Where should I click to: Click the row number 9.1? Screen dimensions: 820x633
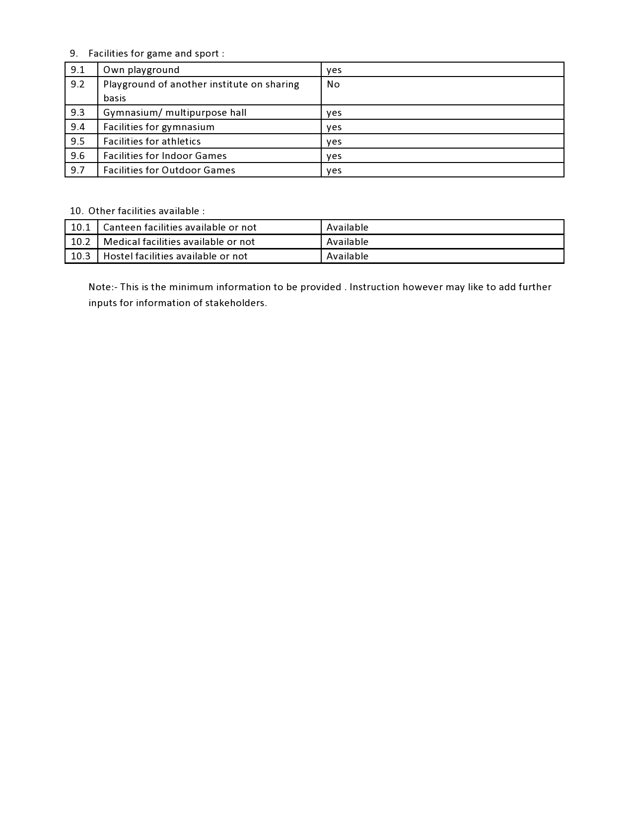(x=77, y=70)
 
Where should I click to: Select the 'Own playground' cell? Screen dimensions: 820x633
(x=141, y=70)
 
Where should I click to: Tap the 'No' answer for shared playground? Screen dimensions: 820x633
(x=333, y=84)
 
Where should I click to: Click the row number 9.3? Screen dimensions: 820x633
(x=77, y=113)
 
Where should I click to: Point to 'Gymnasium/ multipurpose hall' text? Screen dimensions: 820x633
(x=175, y=113)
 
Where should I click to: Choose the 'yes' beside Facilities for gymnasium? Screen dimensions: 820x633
(x=334, y=127)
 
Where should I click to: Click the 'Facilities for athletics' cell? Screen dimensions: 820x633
(x=152, y=142)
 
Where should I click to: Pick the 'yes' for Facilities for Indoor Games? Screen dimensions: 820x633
(x=334, y=156)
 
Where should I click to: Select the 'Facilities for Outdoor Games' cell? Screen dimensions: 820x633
(x=169, y=170)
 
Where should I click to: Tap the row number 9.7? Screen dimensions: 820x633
(x=77, y=170)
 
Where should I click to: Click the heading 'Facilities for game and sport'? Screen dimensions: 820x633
(x=156, y=54)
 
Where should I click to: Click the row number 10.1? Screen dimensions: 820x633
(x=80, y=228)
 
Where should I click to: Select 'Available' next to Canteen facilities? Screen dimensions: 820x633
(x=348, y=228)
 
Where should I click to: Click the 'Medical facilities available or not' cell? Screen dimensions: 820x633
(x=179, y=242)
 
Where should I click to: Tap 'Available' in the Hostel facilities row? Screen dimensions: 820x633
(x=348, y=256)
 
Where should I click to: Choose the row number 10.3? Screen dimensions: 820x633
(x=80, y=256)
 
